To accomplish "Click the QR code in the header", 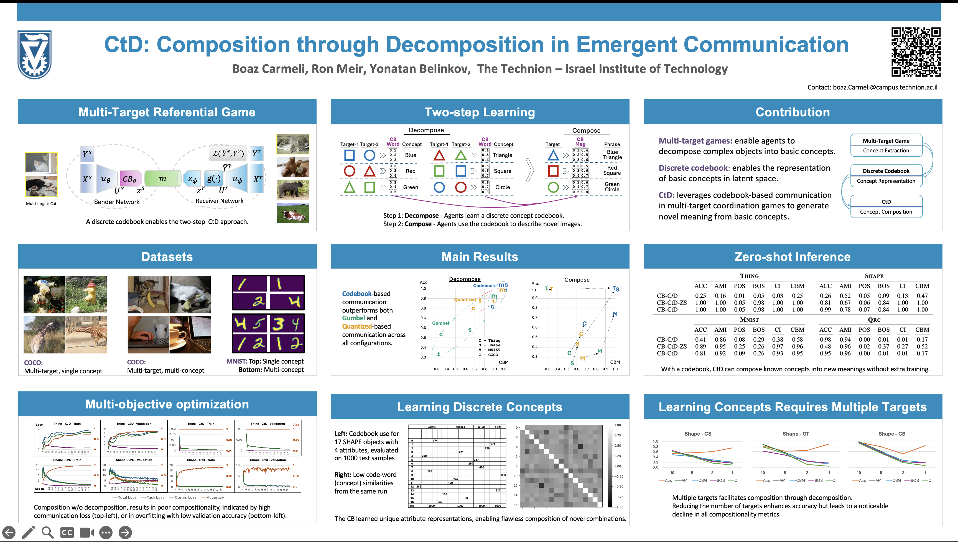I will (x=916, y=52).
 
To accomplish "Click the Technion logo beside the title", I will (x=34, y=54).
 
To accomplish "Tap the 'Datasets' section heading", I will (x=167, y=257).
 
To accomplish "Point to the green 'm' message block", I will (x=163, y=179).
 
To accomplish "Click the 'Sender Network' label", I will (x=116, y=202).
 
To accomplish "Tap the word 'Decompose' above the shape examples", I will (x=426, y=130).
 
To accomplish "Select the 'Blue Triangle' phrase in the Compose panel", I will (x=612, y=155).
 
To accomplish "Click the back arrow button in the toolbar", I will (x=9, y=532).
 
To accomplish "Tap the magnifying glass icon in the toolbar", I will (x=47, y=532).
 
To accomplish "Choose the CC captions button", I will (x=67, y=532).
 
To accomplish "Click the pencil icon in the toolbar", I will (x=28, y=532).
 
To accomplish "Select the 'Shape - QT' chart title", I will (x=796, y=434).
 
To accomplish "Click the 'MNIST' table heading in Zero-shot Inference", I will (x=749, y=320).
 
